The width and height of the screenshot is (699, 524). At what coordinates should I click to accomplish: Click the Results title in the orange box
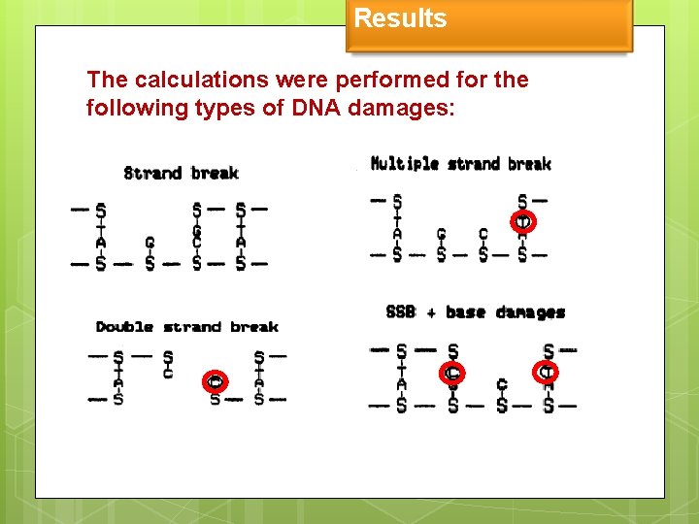pyautogui.click(x=400, y=18)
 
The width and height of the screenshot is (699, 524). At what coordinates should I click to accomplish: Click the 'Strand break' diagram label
pyautogui.click(x=181, y=174)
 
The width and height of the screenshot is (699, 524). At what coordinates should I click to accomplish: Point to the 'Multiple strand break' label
pyautogui.click(x=460, y=164)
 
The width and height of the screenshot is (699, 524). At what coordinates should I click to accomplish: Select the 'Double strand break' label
pyautogui.click(x=186, y=327)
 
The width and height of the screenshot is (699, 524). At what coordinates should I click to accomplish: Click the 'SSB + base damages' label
pyautogui.click(x=475, y=312)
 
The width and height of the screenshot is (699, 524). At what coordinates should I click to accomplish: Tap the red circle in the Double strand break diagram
pyautogui.click(x=216, y=380)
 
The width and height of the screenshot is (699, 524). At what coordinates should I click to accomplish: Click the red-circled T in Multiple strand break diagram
pyautogui.click(x=522, y=222)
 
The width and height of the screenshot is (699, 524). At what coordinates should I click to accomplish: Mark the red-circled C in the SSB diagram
pyautogui.click(x=452, y=372)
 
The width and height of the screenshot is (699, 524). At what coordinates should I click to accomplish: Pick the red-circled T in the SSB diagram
pyautogui.click(x=548, y=371)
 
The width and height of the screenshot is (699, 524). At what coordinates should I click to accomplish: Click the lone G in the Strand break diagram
pyautogui.click(x=150, y=243)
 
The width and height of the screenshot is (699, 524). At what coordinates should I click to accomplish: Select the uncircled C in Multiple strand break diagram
pyautogui.click(x=483, y=234)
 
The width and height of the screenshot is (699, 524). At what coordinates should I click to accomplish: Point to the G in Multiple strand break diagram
pyautogui.click(x=441, y=234)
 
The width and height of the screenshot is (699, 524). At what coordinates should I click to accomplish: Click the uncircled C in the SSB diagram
pyautogui.click(x=501, y=385)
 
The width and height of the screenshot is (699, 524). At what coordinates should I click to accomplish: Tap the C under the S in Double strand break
pyautogui.click(x=168, y=374)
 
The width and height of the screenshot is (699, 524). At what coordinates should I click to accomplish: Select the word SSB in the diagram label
pyautogui.click(x=401, y=312)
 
